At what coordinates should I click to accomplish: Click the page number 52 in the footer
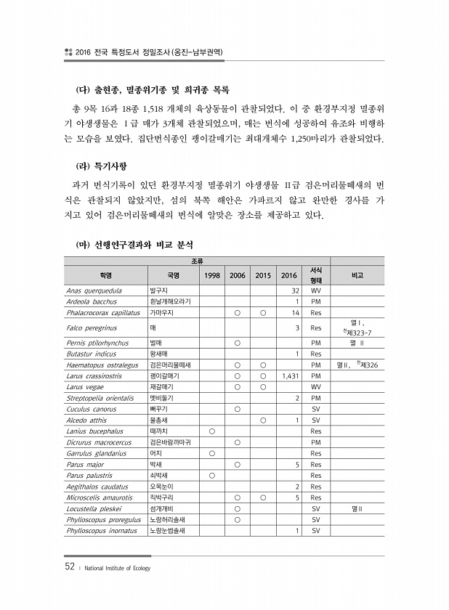tap(69, 566)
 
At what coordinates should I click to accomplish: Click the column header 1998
tap(212, 275)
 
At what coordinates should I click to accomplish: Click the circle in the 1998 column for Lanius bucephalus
tap(212, 431)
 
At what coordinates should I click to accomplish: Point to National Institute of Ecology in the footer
tap(116, 567)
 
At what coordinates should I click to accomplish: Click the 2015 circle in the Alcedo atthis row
tap(263, 420)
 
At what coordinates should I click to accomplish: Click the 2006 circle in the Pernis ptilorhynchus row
tap(238, 342)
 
